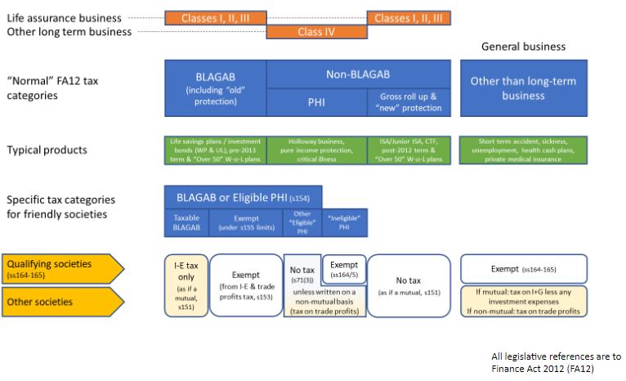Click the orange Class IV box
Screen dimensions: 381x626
[316, 32]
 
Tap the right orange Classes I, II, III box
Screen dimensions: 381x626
[409, 17]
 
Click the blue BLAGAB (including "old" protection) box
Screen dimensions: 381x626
[216, 89]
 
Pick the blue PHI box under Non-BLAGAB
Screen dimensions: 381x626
[316, 101]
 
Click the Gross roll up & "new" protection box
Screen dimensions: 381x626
[409, 101]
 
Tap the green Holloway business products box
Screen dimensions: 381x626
[316, 149]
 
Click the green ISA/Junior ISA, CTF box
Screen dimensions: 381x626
[409, 149]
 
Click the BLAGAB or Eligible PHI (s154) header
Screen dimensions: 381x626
[243, 197]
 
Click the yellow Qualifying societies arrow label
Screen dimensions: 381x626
[60, 267]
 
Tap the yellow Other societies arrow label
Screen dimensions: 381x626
[60, 302]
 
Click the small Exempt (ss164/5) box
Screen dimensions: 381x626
[343, 267]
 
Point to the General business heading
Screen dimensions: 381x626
[524, 47]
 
